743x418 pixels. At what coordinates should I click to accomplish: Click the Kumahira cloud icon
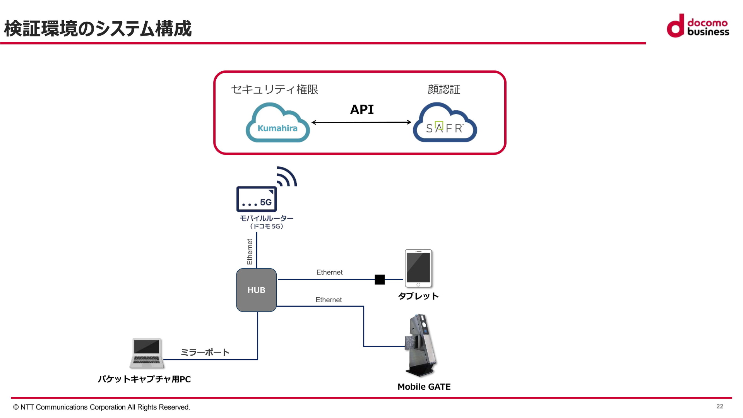tap(277, 123)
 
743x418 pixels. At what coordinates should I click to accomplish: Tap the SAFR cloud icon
tap(445, 123)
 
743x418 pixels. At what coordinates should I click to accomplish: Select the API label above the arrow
tap(362, 110)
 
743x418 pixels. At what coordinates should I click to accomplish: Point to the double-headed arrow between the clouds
tap(361, 122)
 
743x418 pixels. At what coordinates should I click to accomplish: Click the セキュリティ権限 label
tap(274, 89)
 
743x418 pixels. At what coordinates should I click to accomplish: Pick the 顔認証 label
tap(444, 89)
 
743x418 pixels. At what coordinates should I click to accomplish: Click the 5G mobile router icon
tap(257, 199)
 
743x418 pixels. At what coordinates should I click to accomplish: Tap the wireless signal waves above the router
tap(287, 176)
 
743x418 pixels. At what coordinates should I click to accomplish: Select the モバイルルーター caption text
tap(266, 218)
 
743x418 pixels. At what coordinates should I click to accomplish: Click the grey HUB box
tap(256, 290)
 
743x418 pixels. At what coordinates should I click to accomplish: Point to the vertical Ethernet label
tap(250, 252)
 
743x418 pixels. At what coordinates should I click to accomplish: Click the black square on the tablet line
tap(380, 279)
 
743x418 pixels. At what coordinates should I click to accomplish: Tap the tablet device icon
tap(418, 268)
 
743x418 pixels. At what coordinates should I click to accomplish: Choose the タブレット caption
tap(418, 296)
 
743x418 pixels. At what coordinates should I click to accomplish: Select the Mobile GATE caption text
tap(424, 387)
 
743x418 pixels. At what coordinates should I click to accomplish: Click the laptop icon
tap(147, 353)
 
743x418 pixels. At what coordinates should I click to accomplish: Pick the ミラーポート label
tap(205, 352)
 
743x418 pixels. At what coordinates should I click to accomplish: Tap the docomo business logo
tap(698, 26)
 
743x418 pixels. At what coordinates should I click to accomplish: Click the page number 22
tap(719, 406)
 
